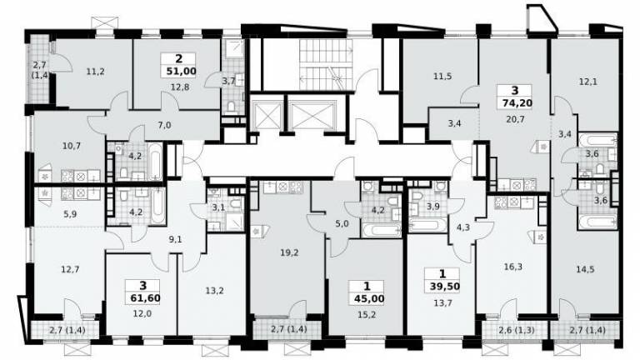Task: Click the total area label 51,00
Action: tap(181, 72)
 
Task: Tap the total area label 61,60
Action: tap(145, 298)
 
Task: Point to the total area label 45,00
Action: tap(369, 299)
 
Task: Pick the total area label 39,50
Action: tap(444, 287)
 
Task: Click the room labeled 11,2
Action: tap(95, 72)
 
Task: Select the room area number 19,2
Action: tap(289, 253)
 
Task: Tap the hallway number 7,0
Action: tap(164, 125)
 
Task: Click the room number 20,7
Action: tap(515, 120)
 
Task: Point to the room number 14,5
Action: tap(585, 269)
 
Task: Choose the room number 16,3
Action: tap(513, 267)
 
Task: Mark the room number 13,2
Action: tap(214, 291)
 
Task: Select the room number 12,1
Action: tap(588, 82)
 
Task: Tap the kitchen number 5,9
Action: tap(70, 213)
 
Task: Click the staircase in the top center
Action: tap(326, 64)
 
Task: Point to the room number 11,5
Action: tap(442, 77)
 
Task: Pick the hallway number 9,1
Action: tap(175, 240)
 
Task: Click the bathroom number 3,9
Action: tap(432, 207)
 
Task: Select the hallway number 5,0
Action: tap(342, 223)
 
